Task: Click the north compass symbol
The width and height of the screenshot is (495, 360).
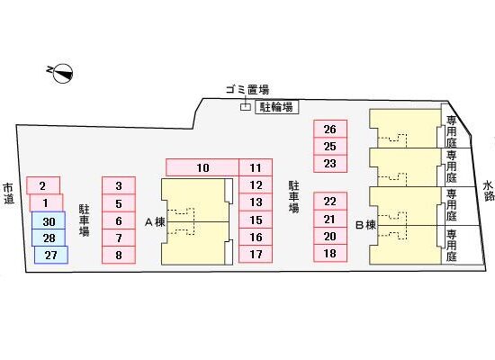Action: coord(63,74)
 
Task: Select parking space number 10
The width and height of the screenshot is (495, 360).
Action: coord(202,167)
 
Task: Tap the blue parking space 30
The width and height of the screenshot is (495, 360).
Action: coord(49,220)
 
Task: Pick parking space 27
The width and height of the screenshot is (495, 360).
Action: coord(50,255)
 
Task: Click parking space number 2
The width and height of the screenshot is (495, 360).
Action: coord(43,185)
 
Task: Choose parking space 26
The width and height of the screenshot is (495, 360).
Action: coord(330,129)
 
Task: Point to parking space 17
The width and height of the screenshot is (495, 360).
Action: coord(256,254)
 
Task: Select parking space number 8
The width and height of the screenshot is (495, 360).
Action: coord(119,255)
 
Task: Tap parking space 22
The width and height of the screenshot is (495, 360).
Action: coord(330,202)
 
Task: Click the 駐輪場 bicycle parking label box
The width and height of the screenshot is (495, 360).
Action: coord(276,107)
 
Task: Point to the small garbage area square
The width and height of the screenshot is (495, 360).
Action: coord(246,107)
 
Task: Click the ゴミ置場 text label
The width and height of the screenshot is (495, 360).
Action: coord(247,90)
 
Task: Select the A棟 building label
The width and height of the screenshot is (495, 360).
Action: coord(155,222)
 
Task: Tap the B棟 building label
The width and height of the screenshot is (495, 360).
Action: coord(366,225)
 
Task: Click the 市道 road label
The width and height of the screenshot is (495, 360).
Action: coord(8,193)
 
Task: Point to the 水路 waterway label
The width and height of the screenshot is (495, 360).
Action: coord(489,191)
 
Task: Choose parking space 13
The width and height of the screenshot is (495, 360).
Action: coord(256,202)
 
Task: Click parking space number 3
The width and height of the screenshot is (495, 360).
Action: coord(119,185)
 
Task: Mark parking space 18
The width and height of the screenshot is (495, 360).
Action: coord(330,253)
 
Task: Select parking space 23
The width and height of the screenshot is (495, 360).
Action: coord(330,164)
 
